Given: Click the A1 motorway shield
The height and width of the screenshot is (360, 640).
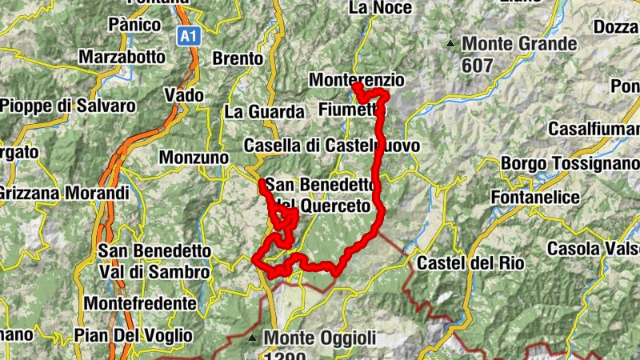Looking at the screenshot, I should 187,36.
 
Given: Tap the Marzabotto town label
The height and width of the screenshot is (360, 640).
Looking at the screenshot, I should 122,58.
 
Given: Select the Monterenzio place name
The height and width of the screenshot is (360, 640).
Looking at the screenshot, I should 356,81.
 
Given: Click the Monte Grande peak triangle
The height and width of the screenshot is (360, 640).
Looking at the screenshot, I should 451,43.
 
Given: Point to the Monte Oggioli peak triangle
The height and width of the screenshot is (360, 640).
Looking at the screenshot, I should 253,338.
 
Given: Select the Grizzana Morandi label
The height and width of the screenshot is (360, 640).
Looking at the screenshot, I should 64,193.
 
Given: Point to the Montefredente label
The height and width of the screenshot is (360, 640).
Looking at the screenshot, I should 139,304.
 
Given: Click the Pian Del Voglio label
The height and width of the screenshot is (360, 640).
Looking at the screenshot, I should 133,334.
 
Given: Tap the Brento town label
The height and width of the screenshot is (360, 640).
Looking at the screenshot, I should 238,58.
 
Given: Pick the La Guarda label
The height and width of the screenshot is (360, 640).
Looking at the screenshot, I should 264,112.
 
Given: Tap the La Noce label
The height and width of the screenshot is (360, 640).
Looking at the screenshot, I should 381,8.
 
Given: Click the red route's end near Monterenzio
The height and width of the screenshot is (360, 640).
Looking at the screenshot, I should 357,86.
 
